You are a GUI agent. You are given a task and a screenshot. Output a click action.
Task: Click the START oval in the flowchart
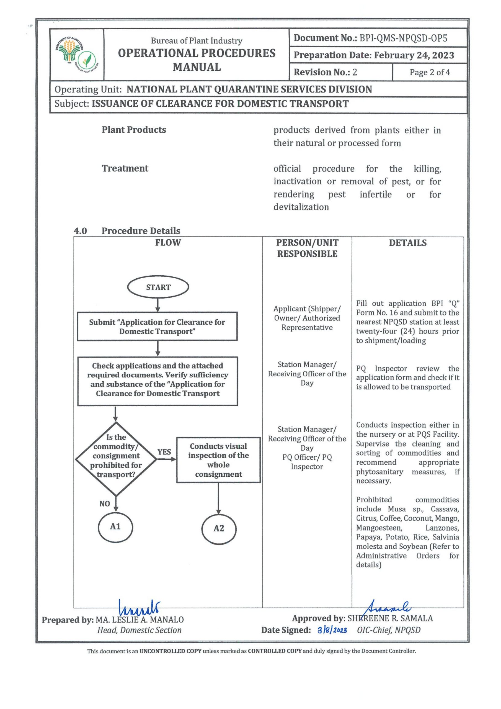point(158,287)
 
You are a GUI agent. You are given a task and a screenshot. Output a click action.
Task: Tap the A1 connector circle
point(115,526)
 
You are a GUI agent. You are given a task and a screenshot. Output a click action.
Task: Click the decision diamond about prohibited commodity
point(116,459)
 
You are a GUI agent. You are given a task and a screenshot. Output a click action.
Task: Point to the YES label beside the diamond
point(164,452)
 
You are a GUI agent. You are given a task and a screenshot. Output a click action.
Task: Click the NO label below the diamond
point(105,504)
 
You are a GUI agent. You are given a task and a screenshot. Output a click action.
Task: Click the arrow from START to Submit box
point(158,305)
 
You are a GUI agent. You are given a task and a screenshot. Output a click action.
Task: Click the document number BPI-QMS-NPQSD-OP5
point(403,38)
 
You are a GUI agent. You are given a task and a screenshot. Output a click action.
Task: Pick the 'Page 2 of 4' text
point(429,72)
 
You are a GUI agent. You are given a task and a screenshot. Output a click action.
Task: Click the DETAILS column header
point(407,243)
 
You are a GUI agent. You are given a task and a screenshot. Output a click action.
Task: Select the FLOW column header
point(168,242)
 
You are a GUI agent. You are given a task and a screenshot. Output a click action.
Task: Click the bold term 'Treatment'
point(125,168)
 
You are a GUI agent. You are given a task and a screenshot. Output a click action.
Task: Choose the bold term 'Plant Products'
point(134,130)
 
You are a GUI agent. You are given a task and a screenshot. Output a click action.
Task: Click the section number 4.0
point(80,231)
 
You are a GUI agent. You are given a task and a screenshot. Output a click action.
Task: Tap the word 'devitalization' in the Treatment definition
point(301,207)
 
